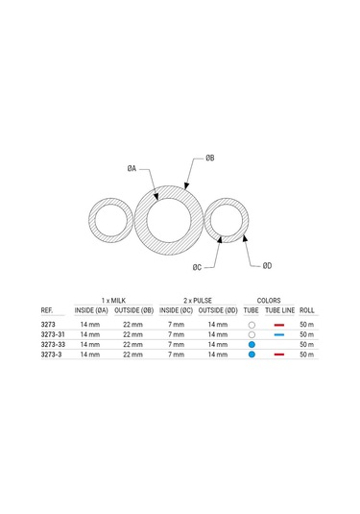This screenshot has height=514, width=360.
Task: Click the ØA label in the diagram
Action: (x=132, y=168)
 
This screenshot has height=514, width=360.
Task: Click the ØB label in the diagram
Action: (x=210, y=156)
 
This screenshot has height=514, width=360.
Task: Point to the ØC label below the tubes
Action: (x=196, y=266)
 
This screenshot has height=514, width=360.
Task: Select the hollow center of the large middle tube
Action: (x=168, y=220)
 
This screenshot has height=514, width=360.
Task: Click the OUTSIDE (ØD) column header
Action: (x=218, y=310)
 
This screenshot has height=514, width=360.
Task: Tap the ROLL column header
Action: (x=307, y=310)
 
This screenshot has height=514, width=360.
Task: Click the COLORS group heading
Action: (x=269, y=300)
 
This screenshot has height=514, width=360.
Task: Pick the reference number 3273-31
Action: (x=53, y=334)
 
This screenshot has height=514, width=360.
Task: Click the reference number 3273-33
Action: (x=53, y=344)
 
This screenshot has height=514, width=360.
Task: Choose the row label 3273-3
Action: (x=51, y=355)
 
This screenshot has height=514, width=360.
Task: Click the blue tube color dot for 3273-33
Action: (x=251, y=344)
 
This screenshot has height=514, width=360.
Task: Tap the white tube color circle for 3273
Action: (x=251, y=325)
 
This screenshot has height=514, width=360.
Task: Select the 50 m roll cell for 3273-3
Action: (x=307, y=355)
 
